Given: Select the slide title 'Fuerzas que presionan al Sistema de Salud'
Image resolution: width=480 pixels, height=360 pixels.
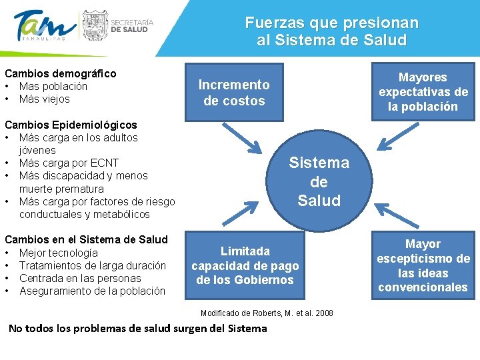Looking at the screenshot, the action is pos(331,31).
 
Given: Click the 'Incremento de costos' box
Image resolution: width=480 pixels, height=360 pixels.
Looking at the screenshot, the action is pos(234,93).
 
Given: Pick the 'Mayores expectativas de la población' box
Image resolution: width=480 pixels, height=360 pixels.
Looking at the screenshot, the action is pos(423,92).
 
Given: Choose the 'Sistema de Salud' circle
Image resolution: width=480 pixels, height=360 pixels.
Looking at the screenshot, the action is pos(319,181).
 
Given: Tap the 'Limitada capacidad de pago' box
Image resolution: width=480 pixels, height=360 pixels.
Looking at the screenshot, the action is pos(245,265).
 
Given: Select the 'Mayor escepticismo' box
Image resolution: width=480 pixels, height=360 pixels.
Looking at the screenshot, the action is pos(423,265).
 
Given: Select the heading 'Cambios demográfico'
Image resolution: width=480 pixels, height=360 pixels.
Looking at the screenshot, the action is pos(60,73).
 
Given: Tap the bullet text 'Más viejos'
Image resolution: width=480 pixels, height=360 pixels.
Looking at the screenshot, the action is pos(45,99).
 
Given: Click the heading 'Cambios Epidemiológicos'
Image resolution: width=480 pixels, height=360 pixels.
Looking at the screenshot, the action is pos(71,125).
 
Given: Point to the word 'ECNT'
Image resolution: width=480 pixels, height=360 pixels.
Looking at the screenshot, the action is pos(104,163).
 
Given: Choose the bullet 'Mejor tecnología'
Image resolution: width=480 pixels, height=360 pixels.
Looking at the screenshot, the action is pos(59,253).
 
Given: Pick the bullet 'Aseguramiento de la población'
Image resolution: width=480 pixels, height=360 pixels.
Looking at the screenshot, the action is pos(92,291).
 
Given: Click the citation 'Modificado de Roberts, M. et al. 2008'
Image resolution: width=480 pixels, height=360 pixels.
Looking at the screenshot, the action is pos(267,313).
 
